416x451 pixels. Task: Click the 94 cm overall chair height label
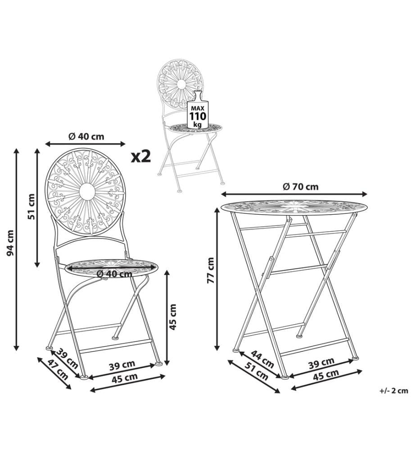coord(10,243)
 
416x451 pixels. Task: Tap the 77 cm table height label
coord(211,270)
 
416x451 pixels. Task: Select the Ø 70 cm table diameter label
coord(301,187)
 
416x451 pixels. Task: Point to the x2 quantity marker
coord(140,156)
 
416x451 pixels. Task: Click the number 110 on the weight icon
coord(198,116)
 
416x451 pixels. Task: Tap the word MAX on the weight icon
coord(198,108)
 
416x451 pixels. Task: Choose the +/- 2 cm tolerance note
coord(393,391)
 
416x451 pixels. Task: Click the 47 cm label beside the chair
coord(58,369)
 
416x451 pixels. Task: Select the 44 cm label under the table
coord(262,359)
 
